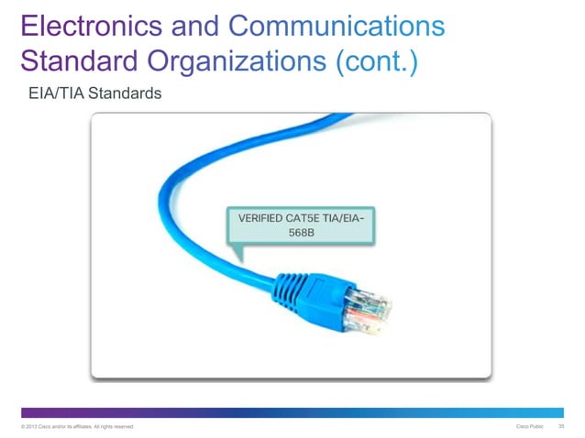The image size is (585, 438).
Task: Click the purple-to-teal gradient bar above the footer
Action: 292,413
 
